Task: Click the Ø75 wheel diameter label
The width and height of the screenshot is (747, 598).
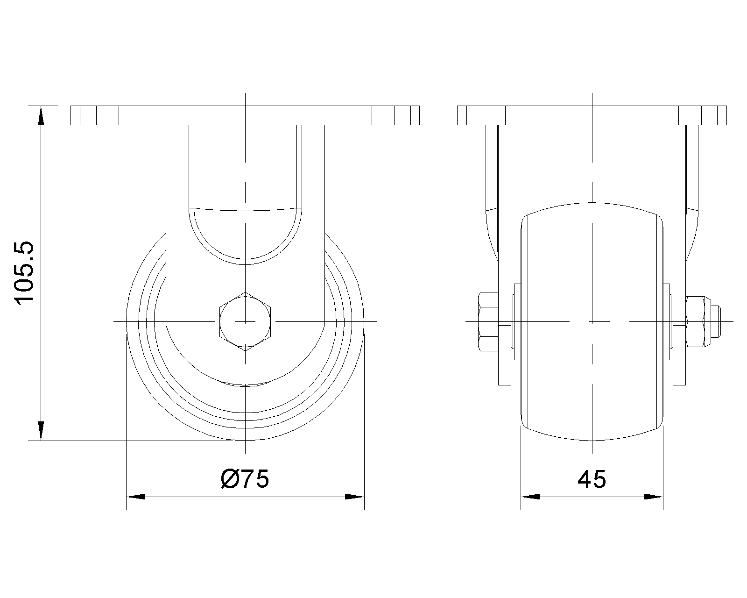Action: [x=245, y=479]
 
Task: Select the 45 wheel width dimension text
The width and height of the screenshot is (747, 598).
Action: [x=592, y=479]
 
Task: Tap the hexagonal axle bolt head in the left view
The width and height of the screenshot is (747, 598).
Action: [x=245, y=321]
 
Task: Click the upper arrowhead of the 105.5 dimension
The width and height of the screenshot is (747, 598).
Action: [x=41, y=115]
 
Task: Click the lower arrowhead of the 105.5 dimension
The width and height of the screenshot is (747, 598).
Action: [x=41, y=431]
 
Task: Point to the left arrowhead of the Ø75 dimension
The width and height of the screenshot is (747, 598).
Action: [x=136, y=497]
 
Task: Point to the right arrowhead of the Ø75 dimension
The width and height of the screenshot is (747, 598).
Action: [x=355, y=497]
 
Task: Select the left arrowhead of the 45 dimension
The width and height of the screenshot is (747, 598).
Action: [x=530, y=497]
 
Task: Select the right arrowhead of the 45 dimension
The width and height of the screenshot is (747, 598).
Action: [x=654, y=497]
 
